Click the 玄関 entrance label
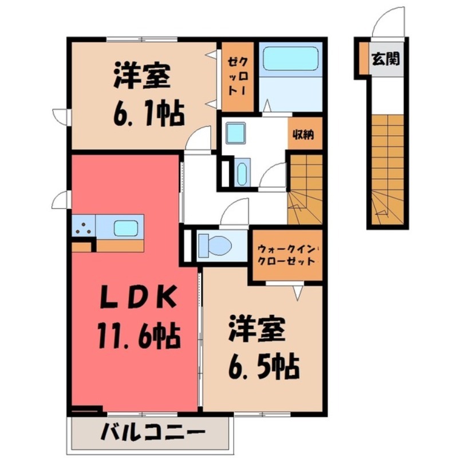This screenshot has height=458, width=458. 385,58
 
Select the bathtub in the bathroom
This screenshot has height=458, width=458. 290,58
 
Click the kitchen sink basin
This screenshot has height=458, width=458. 125,228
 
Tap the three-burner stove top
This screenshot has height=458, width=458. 84,227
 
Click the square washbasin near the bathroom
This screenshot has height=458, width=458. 235,133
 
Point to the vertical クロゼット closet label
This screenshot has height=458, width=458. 236,76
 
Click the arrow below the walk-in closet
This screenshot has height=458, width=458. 298,293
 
